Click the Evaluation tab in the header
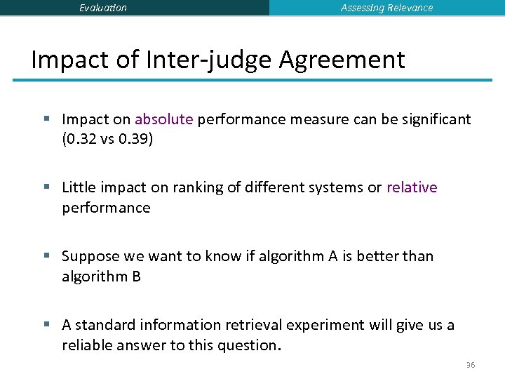[103, 8]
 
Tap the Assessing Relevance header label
[386, 8]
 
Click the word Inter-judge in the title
[208, 60]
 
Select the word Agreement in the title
[342, 60]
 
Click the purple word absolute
[163, 119]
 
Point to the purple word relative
[412, 187]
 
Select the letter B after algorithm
[136, 277]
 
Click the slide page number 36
[469, 366]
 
